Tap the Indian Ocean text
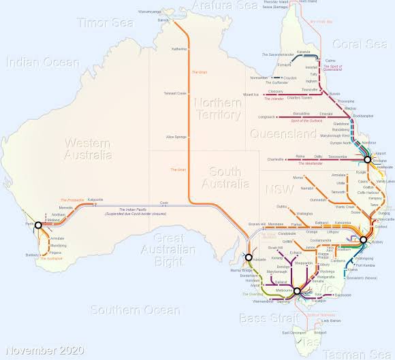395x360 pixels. click(x=42, y=63)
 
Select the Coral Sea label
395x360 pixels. click(x=359, y=44)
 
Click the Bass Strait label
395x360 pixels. click(x=264, y=318)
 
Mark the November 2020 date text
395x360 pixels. click(x=43, y=350)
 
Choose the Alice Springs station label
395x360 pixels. click(x=176, y=137)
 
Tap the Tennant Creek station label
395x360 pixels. click(x=175, y=93)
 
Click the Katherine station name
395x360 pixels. click(x=179, y=49)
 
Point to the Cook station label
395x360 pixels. click(x=163, y=203)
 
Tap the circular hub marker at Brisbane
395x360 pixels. click(x=368, y=159)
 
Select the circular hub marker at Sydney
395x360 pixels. click(x=364, y=240)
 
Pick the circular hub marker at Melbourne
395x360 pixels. click(x=297, y=291)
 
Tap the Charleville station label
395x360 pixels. click(x=271, y=159)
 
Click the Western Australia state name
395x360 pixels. click(x=88, y=148)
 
